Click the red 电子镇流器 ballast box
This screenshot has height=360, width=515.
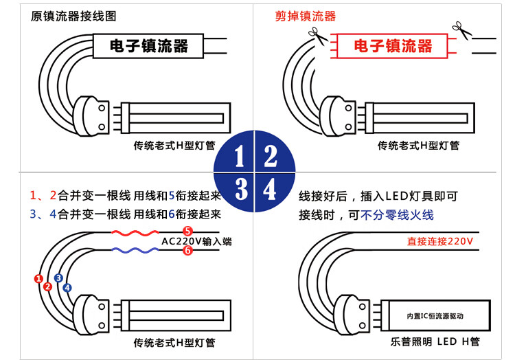(393, 46)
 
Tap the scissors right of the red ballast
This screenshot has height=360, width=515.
(459, 29)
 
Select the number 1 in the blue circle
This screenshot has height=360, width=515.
(239, 157)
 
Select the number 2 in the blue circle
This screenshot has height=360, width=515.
(271, 157)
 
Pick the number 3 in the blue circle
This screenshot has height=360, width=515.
(240, 189)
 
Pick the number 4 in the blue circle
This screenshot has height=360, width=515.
(270, 189)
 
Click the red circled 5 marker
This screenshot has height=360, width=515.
(187, 231)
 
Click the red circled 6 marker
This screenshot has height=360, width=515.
(187, 251)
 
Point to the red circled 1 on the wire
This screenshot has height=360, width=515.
(38, 278)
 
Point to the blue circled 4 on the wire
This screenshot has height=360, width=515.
(67, 287)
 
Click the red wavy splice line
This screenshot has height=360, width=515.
(135, 233)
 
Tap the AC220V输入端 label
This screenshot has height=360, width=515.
(196, 241)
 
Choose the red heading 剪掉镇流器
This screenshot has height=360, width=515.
(306, 16)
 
